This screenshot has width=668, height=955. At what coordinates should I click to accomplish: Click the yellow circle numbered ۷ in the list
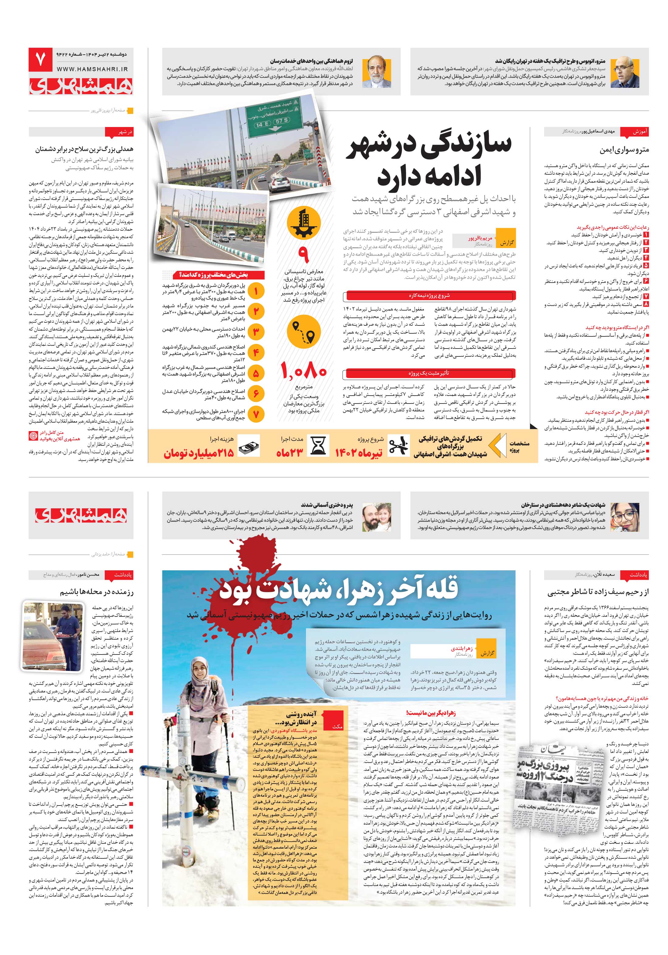coord(256,414)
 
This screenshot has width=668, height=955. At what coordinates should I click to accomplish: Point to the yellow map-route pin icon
coord(304,330)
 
